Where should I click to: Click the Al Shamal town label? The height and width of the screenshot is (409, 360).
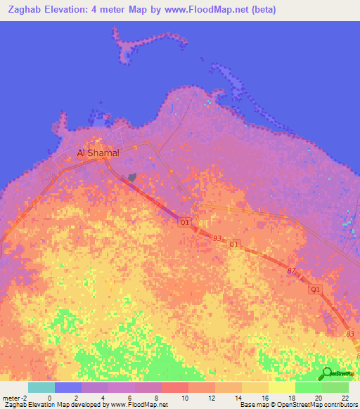coord(98,152)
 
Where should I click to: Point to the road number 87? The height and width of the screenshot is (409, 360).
coord(292,271)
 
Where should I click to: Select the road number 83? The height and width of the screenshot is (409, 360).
coord(350,334)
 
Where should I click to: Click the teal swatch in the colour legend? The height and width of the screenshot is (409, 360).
coord(41,387)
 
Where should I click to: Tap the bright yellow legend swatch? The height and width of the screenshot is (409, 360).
coord(282,387)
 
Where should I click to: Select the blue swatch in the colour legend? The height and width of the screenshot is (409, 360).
coord(68,387)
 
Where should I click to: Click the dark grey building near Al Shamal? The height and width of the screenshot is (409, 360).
coord(131,179)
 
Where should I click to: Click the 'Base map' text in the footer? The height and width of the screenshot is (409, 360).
coord(252,405)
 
